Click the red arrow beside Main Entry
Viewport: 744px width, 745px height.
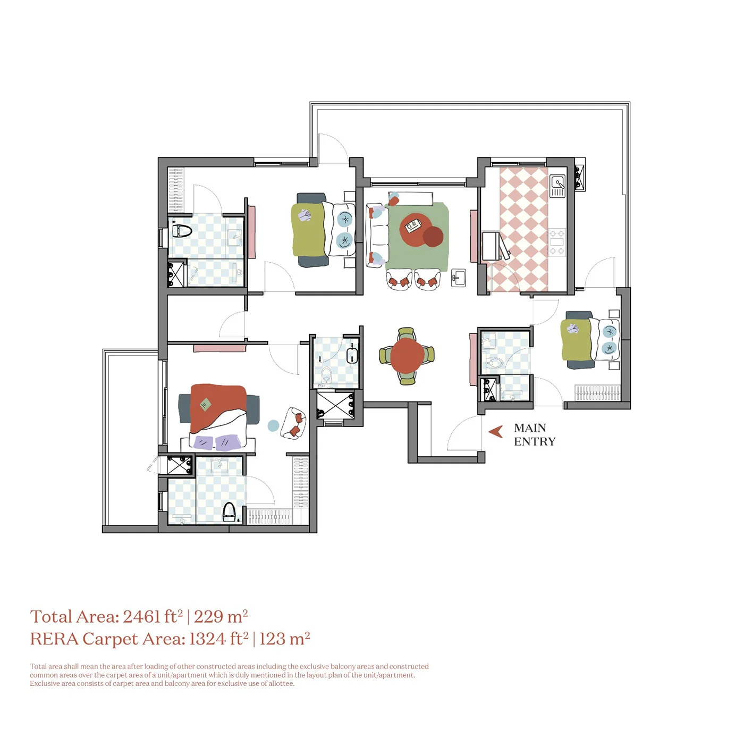click(496, 432)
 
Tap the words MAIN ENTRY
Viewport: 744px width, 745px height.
click(535, 435)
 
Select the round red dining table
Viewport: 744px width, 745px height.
click(407, 356)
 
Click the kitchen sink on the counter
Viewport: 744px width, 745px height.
click(557, 185)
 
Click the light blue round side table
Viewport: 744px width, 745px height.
click(273, 425)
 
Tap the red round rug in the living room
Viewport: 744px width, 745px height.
click(417, 230)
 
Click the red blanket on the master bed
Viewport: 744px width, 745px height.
click(217, 407)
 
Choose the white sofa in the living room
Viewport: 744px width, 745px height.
click(377, 236)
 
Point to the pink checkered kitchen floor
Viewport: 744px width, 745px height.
click(523, 230)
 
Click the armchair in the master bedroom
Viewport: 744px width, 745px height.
click(294, 423)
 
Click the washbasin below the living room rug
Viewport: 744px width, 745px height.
click(459, 278)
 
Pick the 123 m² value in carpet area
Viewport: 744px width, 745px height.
click(285, 639)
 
